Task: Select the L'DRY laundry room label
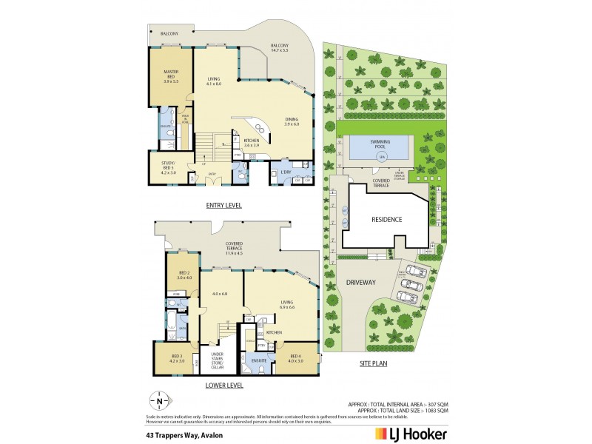coord(286,172)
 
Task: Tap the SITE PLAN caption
coord(374,363)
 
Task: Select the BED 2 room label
coord(184,275)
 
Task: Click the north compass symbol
coord(159,402)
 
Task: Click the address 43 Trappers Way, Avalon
coord(184,435)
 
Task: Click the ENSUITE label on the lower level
coord(259,362)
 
